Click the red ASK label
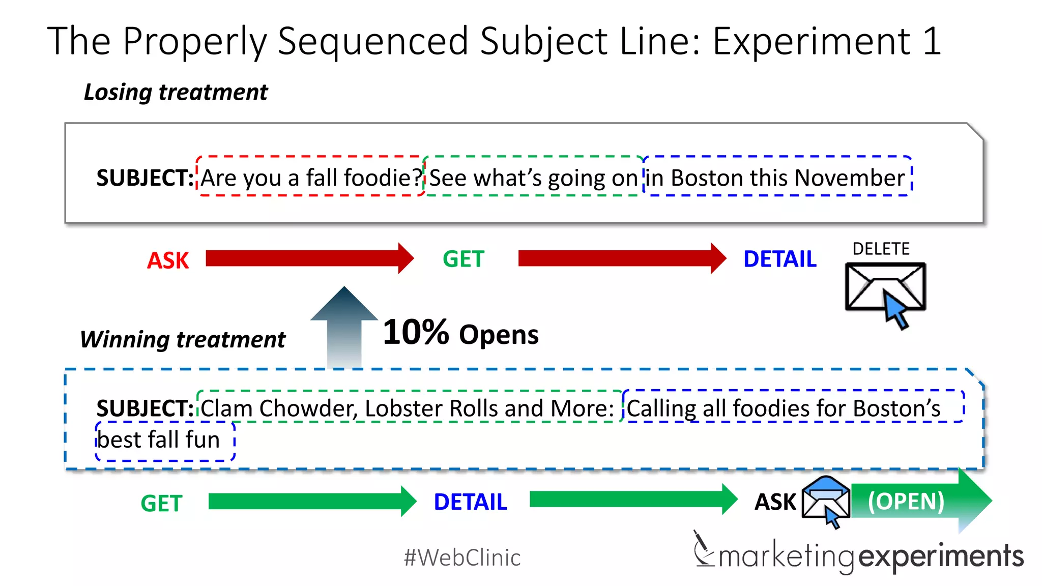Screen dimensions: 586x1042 [x=168, y=260]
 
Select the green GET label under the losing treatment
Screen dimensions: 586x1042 [x=464, y=259]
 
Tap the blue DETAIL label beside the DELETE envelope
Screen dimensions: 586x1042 [x=779, y=259]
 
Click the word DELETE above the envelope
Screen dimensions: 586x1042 [x=881, y=249]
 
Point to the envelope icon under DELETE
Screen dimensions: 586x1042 [x=885, y=288]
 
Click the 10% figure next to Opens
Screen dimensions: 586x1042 [x=415, y=333]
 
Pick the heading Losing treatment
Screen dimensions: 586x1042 [x=176, y=92]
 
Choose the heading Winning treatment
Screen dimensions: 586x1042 [x=183, y=339]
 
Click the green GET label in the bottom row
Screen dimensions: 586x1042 [x=161, y=504]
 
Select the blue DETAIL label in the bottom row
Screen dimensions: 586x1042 [x=470, y=502]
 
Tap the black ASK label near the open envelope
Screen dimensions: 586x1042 [x=775, y=502]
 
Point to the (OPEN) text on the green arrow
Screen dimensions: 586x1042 [x=906, y=501]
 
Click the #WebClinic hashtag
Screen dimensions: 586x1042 [x=462, y=558]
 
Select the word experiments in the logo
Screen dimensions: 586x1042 [x=941, y=556]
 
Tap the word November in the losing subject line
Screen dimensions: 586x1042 [x=850, y=178]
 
